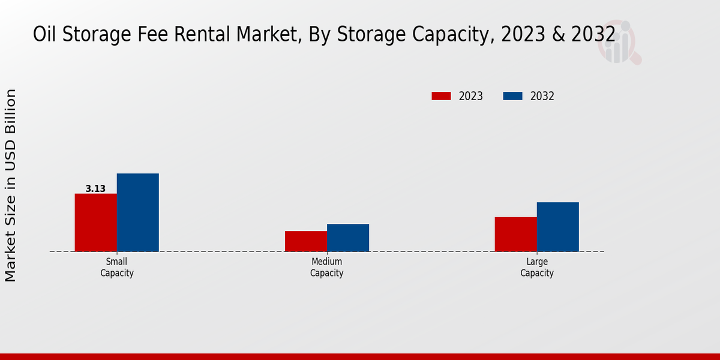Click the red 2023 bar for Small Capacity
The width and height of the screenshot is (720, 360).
[95, 223]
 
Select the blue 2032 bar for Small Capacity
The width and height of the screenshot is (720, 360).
[137, 212]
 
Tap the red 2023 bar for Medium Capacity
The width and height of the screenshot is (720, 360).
[305, 241]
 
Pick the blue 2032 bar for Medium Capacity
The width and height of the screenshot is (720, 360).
[347, 238]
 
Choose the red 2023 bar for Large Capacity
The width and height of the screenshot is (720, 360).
[515, 234]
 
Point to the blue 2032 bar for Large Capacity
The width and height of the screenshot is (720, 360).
[557, 227]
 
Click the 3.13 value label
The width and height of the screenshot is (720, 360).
[95, 189]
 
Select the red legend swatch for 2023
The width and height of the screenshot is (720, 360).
[441, 96]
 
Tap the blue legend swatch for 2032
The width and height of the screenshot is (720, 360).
[512, 96]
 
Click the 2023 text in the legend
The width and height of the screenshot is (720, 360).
[471, 96]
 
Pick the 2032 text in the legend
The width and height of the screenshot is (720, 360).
[542, 96]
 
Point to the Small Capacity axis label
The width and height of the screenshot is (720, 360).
[116, 268]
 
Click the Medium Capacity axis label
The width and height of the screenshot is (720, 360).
[326, 268]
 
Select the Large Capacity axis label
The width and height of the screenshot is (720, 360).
[536, 268]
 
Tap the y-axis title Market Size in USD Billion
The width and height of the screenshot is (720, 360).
[11, 185]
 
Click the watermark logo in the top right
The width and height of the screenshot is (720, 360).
[619, 43]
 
